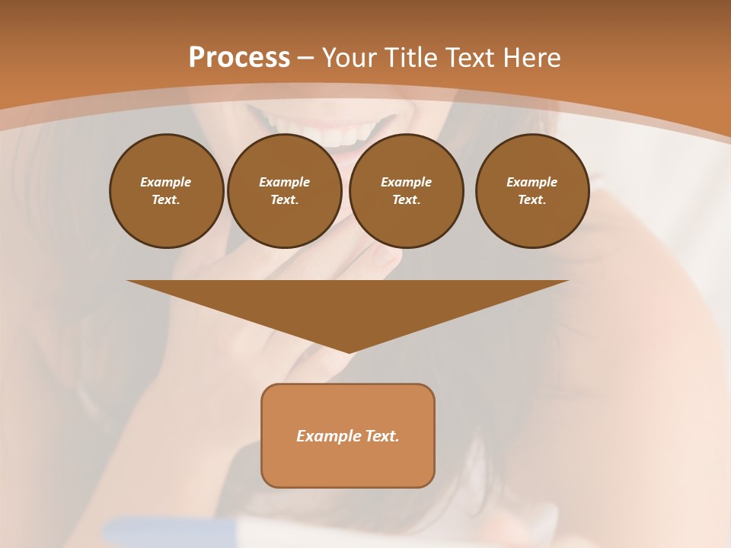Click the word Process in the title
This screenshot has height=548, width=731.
(x=239, y=58)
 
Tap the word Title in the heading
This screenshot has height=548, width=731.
(x=413, y=58)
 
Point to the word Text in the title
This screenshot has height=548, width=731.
(x=471, y=58)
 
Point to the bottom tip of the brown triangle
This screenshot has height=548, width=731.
(x=349, y=352)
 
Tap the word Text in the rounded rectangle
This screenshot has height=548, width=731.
(x=381, y=436)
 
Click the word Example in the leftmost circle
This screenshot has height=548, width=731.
(x=166, y=182)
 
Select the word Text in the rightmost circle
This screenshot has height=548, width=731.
(x=531, y=199)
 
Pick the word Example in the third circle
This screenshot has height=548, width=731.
(x=406, y=182)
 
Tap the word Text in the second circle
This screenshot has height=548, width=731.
(x=284, y=199)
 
